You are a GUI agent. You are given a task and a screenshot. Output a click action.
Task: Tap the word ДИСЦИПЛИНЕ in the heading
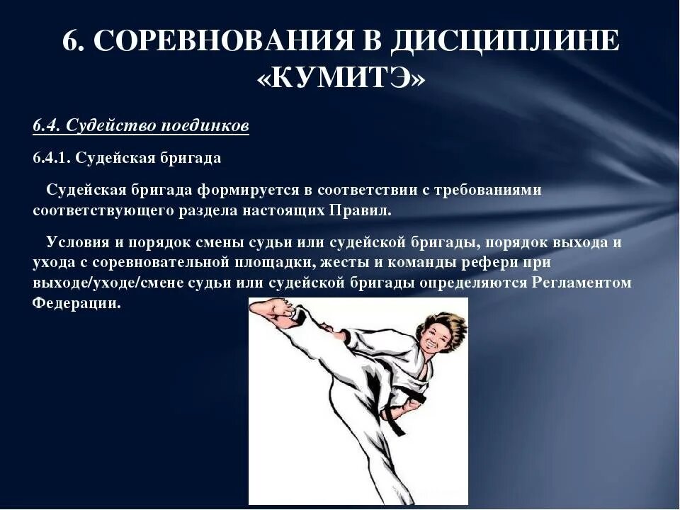(504, 40)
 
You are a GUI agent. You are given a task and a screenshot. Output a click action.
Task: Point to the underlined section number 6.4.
(47, 126)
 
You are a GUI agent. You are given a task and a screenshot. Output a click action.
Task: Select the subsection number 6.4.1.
(51, 158)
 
